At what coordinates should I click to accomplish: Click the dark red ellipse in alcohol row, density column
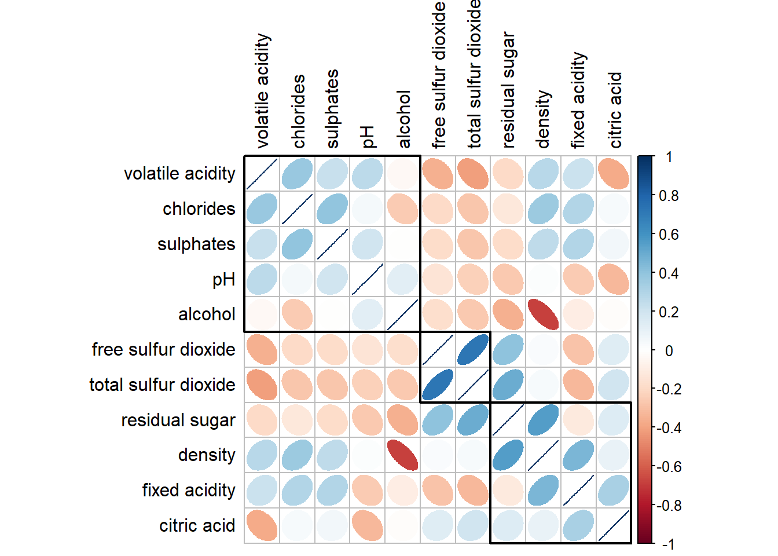coord(543,314)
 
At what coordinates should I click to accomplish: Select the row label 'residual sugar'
coord(178,420)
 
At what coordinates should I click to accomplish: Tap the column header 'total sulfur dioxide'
coord(474,74)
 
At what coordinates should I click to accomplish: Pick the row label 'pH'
coord(223,279)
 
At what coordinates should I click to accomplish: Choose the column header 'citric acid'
coord(615,110)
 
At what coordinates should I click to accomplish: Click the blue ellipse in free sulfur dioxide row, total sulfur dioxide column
coord(472,350)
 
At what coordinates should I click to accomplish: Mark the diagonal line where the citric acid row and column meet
coord(614,526)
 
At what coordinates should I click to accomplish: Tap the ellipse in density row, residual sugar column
coord(508,455)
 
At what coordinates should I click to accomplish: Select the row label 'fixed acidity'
coord(189,491)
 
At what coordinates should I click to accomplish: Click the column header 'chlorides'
coord(299,111)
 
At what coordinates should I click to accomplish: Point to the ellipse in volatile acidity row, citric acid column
coord(614,173)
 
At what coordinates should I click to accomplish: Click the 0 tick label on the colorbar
coord(669,351)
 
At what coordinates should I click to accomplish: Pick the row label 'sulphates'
coord(196,244)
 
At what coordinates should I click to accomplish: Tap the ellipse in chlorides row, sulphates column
coord(332,209)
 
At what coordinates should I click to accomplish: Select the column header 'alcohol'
coord(403,119)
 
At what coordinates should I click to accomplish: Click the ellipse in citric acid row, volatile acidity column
coord(262,526)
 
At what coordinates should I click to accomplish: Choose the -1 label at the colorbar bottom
coord(668,544)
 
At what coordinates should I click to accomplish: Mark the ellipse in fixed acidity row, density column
coord(543,491)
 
